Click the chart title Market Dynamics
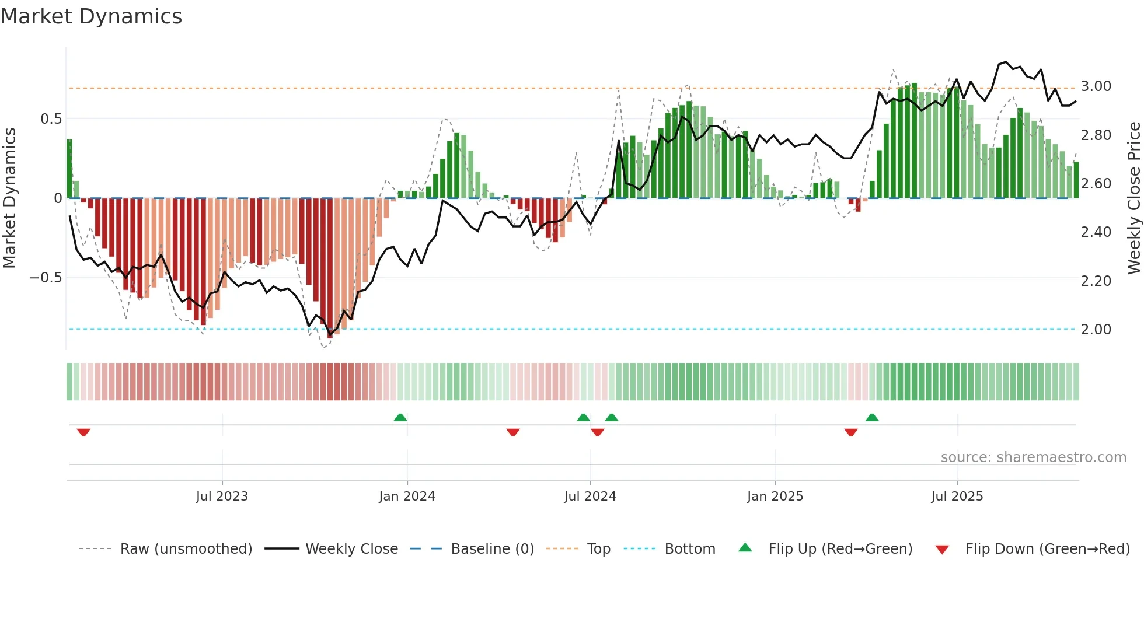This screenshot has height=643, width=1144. pos(91,16)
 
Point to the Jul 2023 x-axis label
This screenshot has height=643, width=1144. pos(222,497)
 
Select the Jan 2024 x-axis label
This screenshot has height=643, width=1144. pos(407,497)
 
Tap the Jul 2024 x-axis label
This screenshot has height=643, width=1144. pos(590,497)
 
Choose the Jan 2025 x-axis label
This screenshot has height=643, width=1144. pos(775,497)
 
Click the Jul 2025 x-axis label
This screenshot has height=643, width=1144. pos(957,497)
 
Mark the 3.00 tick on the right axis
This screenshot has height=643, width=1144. pos(1096,86)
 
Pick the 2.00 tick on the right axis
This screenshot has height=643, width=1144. pos(1096,330)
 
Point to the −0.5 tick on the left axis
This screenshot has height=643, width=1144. pos(46,278)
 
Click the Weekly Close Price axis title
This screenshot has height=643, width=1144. pos(1133,198)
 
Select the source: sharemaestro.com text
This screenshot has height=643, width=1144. pos(1033,457)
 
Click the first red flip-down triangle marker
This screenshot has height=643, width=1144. pos(83,432)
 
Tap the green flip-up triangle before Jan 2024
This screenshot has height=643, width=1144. pos(400,417)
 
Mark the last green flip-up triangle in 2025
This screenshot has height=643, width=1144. pos(872,417)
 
